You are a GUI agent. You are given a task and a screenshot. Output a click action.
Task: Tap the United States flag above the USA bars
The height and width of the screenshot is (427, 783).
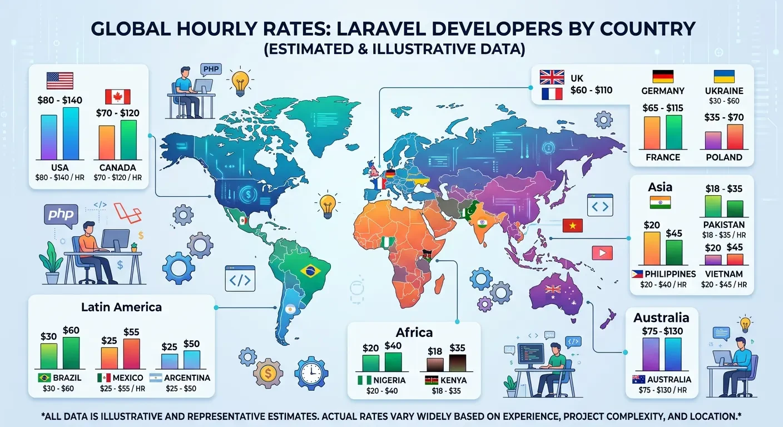60,81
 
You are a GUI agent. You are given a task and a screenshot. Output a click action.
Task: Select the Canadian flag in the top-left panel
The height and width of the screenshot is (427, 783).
117,97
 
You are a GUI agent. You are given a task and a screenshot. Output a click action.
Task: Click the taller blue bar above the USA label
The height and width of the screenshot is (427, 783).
71,133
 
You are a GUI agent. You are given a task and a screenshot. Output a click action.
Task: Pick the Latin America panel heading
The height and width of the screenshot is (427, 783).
121,306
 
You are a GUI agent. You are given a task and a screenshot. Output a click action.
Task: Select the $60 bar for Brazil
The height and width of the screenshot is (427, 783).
71,352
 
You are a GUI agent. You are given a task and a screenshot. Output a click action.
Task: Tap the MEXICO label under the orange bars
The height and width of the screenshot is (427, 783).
127,378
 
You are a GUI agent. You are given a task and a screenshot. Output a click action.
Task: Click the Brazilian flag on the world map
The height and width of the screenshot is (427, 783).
309,271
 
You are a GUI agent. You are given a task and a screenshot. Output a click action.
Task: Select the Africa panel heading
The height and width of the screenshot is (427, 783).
414,332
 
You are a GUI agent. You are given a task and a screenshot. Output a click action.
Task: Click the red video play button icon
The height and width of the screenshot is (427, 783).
602,253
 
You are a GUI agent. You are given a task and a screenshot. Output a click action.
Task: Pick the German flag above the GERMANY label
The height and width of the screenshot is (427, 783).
662,77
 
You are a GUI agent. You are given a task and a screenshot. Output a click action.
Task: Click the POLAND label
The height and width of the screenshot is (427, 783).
723,157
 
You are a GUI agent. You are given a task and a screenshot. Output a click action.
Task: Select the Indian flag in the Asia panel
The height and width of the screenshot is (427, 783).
660,202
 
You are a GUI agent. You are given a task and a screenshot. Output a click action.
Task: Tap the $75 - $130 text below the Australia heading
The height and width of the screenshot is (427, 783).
661,331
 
